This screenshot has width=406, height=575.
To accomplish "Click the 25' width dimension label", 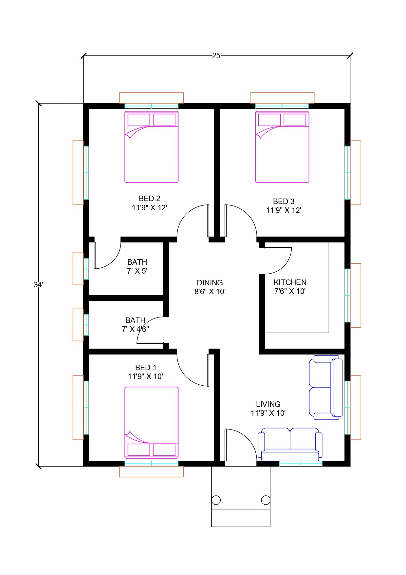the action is (217, 56).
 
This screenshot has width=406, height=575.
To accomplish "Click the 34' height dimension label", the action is (38, 285).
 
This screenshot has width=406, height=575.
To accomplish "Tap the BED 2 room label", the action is (150, 203).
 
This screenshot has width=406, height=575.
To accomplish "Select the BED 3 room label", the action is (284, 206).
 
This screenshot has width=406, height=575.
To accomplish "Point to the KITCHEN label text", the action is (290, 282).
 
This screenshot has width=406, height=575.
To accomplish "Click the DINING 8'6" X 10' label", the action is (210, 287).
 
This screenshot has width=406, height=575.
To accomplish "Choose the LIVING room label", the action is (268, 409).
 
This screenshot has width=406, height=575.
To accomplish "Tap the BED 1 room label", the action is (146, 372).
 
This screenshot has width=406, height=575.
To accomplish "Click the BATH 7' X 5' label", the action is (137, 266).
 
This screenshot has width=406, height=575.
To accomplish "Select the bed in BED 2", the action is (151, 147).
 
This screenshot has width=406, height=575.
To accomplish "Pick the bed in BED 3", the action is (282, 147).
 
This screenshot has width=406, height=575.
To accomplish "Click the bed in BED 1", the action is (151, 423).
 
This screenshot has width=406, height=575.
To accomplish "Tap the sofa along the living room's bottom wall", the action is (290, 443).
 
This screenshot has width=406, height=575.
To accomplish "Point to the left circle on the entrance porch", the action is (216, 500).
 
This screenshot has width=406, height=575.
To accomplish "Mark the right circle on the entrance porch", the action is (266, 500).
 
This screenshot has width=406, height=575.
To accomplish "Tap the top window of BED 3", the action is (282, 106).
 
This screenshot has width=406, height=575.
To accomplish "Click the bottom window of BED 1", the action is (151, 464).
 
